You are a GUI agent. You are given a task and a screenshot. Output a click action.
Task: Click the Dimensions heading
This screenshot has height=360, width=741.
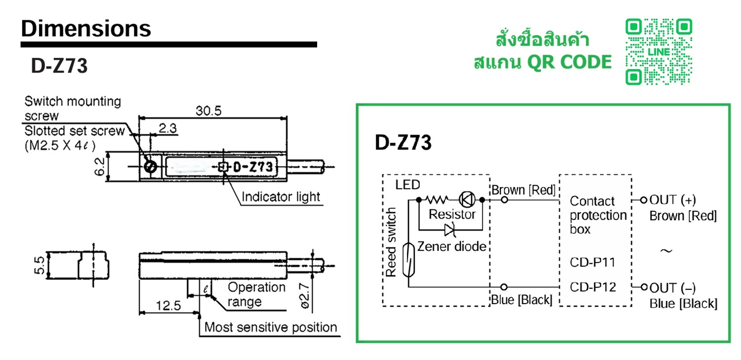point(86,29)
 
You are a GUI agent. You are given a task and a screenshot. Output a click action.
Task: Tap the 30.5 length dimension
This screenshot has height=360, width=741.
point(208,111)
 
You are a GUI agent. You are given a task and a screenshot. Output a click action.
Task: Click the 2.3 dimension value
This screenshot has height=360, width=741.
point(168,129)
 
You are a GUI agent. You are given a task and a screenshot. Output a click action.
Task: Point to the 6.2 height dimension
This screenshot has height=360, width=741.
point(99,167)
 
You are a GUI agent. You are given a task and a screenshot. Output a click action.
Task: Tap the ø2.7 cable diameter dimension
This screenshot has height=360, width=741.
point(305,295)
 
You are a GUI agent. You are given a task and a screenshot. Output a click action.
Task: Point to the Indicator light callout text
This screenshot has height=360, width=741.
point(281,197)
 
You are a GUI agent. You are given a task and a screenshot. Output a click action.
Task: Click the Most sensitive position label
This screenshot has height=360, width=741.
point(271,327)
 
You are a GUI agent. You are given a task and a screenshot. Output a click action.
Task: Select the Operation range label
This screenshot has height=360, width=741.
point(256,294)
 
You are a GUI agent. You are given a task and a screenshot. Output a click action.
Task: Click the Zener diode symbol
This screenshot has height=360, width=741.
point(450,229)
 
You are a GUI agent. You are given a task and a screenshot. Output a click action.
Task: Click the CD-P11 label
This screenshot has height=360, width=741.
point(592,262)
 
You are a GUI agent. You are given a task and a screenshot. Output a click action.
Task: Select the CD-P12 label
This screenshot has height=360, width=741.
point(592,287)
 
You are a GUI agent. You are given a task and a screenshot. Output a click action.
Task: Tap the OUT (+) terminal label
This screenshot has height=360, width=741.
point(672,200)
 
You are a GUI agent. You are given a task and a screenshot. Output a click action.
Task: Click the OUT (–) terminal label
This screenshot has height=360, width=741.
point(672,288)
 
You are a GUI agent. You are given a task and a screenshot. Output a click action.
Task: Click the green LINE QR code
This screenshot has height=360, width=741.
point(659,52)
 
